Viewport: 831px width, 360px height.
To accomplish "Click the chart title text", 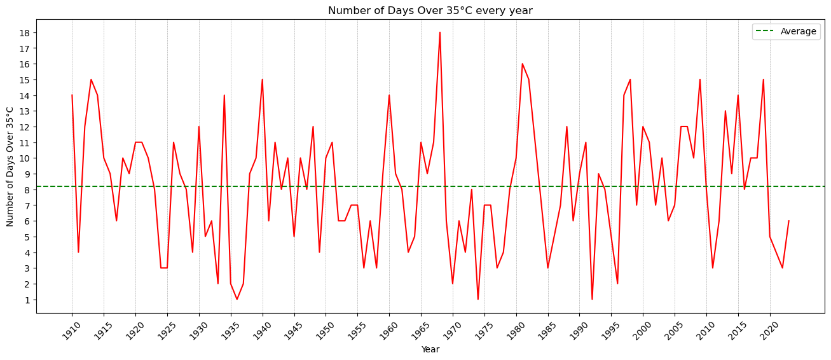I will [430, 10].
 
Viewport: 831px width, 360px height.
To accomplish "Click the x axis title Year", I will [430, 349].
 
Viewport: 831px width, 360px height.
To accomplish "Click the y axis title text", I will [10, 166].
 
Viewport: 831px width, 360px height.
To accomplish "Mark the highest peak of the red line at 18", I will [440, 32].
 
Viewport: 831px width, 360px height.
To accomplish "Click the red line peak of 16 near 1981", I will [523, 64].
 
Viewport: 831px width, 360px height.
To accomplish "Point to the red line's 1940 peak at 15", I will [263, 80].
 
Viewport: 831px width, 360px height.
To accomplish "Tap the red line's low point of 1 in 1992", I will [592, 300].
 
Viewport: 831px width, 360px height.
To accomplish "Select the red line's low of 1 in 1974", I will [478, 300].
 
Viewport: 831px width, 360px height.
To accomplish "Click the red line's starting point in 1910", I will [72, 95].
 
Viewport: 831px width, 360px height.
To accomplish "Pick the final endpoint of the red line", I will [789, 221].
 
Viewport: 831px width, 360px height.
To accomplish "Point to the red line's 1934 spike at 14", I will [224, 95].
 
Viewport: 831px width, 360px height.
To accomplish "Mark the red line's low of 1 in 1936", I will [237, 300].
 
